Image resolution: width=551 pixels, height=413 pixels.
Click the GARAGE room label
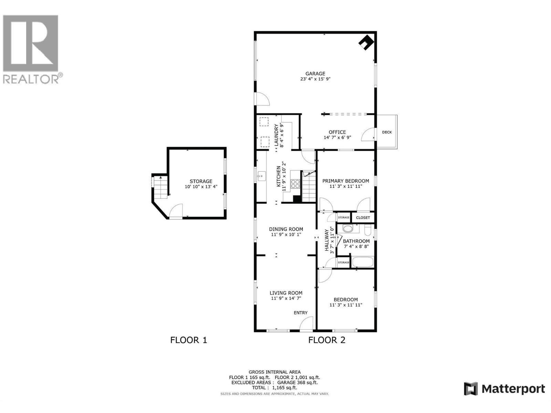point(315,73)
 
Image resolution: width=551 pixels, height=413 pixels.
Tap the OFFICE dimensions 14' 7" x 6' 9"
point(337,138)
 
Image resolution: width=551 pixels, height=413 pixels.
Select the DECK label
point(387,132)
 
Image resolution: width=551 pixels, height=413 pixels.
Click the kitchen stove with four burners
point(295,183)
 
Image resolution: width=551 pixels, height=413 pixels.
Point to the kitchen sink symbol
point(260,177)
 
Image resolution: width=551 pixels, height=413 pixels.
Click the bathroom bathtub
point(363,262)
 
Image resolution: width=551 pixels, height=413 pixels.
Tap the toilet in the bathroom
point(367,229)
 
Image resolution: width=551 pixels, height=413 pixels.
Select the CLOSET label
point(363,218)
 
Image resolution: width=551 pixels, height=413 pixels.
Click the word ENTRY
point(300,313)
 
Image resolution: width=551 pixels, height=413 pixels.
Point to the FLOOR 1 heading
point(189,340)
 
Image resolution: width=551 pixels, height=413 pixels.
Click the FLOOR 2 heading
point(326,340)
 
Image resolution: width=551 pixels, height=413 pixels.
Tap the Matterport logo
point(505,389)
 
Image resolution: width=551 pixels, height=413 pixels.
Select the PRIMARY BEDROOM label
point(345,181)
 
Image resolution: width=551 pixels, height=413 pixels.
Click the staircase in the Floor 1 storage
point(160,188)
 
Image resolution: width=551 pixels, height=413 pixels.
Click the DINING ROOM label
point(286,229)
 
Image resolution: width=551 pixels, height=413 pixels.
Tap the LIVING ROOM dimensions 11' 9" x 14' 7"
point(286,298)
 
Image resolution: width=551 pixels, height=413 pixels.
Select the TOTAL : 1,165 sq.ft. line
point(274,388)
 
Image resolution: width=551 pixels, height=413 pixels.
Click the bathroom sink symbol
point(348,229)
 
